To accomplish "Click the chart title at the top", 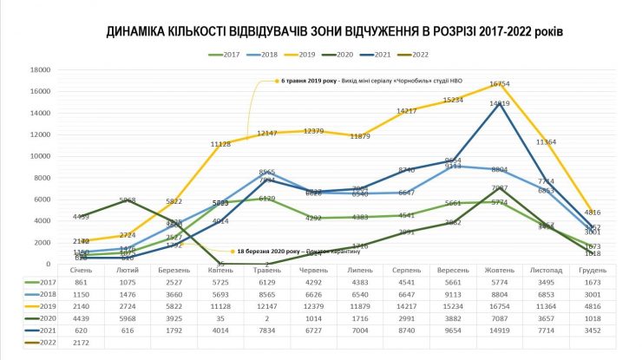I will (x=335, y=33).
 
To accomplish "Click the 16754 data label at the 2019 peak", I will (x=499, y=84).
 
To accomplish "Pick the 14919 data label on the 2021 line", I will (x=499, y=104).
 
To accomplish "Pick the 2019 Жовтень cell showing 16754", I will (x=499, y=307).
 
